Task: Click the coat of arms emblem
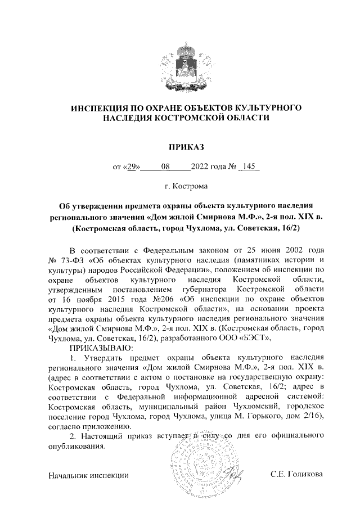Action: coord(179,66)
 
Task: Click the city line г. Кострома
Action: coord(179,186)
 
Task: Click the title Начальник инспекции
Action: coord(89,475)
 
